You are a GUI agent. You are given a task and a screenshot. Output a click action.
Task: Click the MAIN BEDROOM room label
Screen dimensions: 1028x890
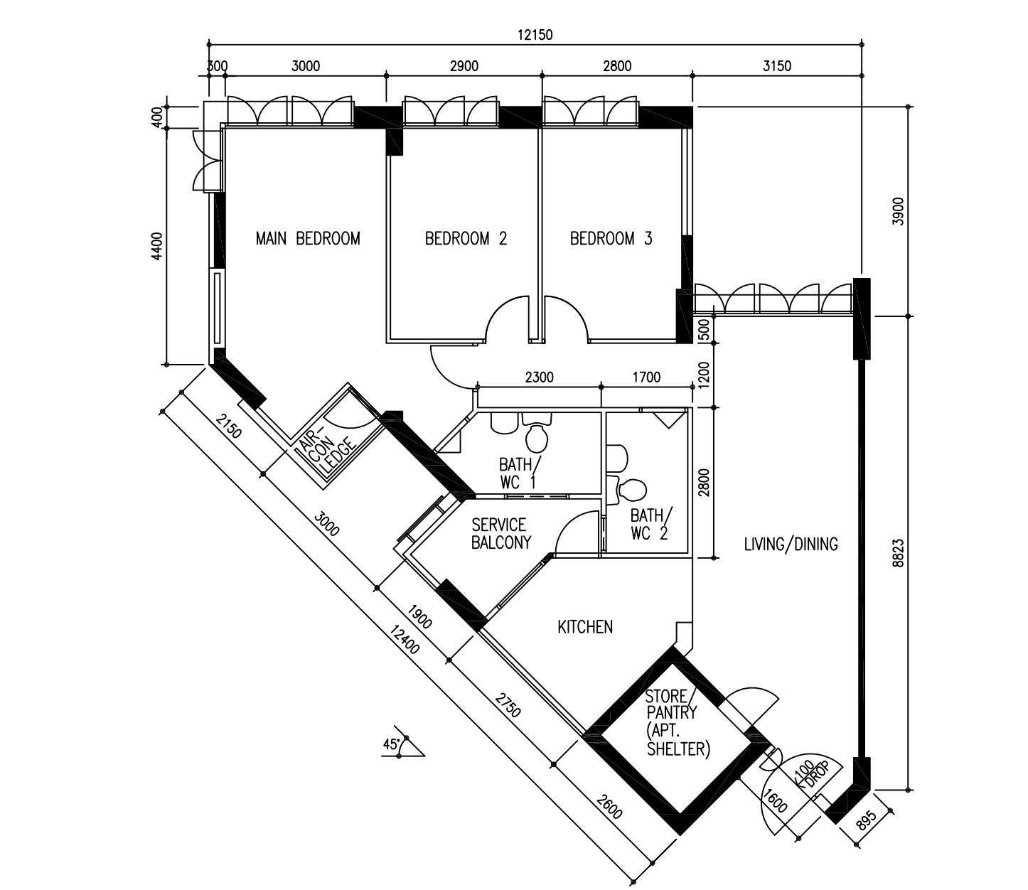(308, 239)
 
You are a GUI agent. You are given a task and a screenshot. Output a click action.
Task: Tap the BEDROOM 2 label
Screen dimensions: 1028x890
(466, 239)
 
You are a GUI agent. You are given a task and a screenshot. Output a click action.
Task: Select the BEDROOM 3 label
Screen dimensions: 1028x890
(611, 239)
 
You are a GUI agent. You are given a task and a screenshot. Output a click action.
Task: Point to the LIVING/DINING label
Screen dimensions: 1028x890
(791, 545)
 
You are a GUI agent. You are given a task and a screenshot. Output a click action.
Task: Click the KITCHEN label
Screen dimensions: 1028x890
(585, 627)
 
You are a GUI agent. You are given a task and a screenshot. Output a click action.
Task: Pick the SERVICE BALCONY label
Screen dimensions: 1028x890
(500, 534)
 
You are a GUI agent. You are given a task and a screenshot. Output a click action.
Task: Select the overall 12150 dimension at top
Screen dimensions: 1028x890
(535, 35)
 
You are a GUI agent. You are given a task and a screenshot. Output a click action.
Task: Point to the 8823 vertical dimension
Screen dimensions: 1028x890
(898, 552)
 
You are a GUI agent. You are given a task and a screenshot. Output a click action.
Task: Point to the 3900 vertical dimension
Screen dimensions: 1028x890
(898, 211)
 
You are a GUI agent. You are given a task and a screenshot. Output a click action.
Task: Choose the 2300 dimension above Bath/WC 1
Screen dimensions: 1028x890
(539, 377)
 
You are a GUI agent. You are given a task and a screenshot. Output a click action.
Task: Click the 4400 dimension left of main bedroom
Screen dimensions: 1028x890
(156, 246)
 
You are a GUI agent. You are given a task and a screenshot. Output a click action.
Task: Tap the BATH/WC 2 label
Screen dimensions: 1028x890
(651, 524)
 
